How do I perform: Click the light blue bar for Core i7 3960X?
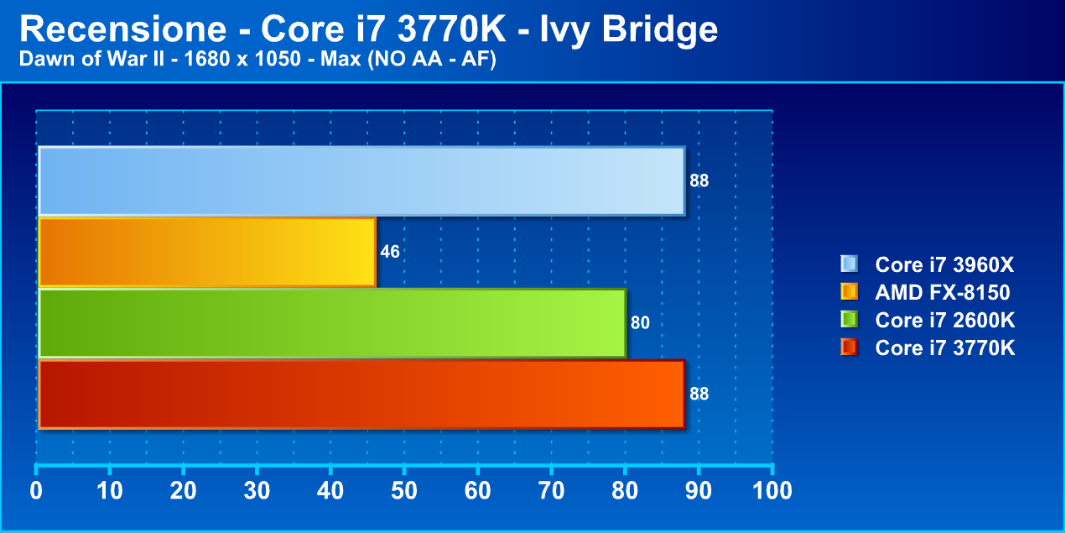pos(361,180)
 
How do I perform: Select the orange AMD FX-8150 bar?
pos(207,252)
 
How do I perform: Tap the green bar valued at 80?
pos(332,323)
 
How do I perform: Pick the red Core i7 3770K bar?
pos(361,394)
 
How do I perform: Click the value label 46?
pos(390,252)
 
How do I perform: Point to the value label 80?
pos(640,323)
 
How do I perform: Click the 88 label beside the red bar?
pos(699,394)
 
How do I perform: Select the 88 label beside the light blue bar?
pos(699,180)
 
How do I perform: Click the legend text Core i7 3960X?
pos(944,265)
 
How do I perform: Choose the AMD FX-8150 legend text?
pos(942,293)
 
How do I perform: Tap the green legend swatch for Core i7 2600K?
pos(849,320)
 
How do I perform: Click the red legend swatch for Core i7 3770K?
pos(849,347)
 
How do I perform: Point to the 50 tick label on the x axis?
pos(404,491)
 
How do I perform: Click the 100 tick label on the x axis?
pos(772,491)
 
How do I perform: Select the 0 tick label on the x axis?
pos(37,491)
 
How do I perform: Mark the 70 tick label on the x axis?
pos(551,491)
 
